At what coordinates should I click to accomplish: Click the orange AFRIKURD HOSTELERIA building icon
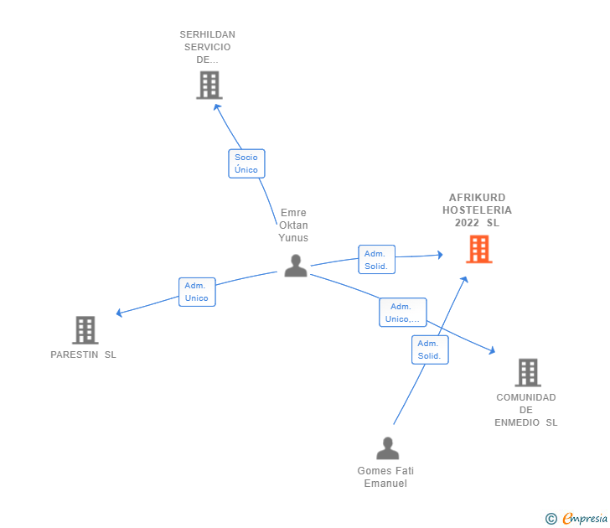click(x=478, y=250)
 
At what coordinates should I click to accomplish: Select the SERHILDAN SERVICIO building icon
click(x=209, y=85)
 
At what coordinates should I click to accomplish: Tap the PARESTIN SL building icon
click(x=85, y=330)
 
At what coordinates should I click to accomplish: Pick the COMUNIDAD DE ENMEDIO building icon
click(x=527, y=372)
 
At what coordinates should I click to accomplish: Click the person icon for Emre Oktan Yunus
click(x=295, y=266)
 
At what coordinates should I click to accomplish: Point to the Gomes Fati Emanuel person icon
click(x=387, y=449)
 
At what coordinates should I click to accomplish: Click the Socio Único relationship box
click(x=246, y=163)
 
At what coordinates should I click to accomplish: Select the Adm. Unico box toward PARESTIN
click(x=197, y=292)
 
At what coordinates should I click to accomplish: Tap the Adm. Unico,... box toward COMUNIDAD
click(x=402, y=313)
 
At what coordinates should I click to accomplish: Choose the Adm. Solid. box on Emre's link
click(x=376, y=260)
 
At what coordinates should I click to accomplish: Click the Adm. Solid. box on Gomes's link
click(x=430, y=349)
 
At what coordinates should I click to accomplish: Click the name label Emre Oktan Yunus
click(x=293, y=225)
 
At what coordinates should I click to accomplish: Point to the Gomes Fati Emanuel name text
click(x=385, y=477)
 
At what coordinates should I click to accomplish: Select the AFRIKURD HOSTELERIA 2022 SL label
click(x=478, y=210)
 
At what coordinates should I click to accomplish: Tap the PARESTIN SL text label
click(x=84, y=355)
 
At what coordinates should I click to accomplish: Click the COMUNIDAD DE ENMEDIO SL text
click(x=526, y=410)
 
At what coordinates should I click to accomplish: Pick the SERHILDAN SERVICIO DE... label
click(x=208, y=47)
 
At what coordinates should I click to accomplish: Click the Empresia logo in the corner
click(x=585, y=519)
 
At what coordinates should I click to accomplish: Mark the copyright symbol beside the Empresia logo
click(x=551, y=519)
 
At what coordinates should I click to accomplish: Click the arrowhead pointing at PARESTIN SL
click(x=119, y=313)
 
